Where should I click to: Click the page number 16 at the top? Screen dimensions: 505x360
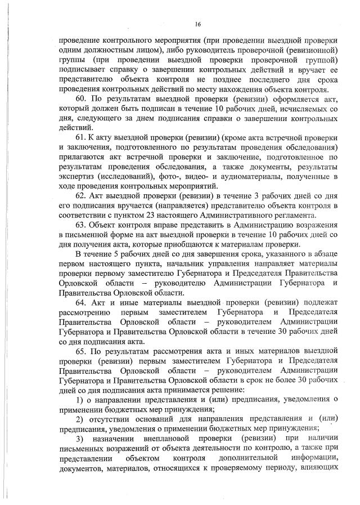click(x=198, y=24)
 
